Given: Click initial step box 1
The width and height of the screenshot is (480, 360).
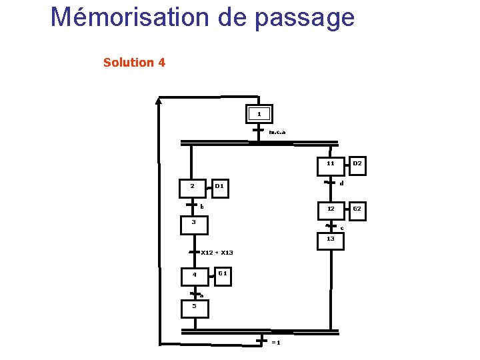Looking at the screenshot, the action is pyautogui.click(x=259, y=114).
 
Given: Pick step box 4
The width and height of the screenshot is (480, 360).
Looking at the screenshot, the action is pyautogui.click(x=195, y=275).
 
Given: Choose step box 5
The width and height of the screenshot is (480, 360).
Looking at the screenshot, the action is pyautogui.click(x=195, y=308).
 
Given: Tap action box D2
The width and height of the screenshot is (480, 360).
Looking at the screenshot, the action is pyautogui.click(x=357, y=163).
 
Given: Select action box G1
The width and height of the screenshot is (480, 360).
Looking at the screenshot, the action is pyautogui.click(x=223, y=273).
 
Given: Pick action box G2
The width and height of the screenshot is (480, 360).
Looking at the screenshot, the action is pyautogui.click(x=357, y=209).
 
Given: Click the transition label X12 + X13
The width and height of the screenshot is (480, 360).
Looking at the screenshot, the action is pyautogui.click(x=217, y=253).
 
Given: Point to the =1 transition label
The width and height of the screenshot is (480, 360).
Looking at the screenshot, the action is pyautogui.click(x=275, y=343).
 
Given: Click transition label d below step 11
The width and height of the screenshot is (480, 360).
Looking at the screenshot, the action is pyautogui.click(x=341, y=183).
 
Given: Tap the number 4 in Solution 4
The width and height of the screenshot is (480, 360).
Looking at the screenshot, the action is pyautogui.click(x=162, y=63).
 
